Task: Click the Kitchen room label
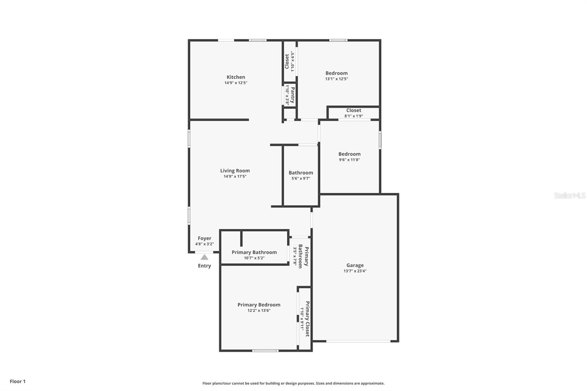[236, 77]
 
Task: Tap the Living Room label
[235, 171]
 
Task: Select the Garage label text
[355, 265]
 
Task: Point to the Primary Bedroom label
[259, 305]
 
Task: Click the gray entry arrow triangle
[204, 257]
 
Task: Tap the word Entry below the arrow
[204, 266]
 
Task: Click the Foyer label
[204, 238]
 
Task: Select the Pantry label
[292, 95]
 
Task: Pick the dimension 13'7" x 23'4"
[355, 271]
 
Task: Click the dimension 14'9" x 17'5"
[235, 176]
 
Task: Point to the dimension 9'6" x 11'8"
[349, 160]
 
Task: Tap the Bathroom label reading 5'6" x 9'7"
[301, 173]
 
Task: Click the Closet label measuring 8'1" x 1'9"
[354, 110]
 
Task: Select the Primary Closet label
[307, 319]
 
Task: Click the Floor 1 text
[18, 381]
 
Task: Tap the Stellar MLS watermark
[569, 195]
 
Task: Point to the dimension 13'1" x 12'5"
[336, 79]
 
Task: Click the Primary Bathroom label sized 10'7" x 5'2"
[254, 252]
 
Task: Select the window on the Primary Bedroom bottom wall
[265, 351]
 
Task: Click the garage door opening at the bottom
[358, 341]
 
